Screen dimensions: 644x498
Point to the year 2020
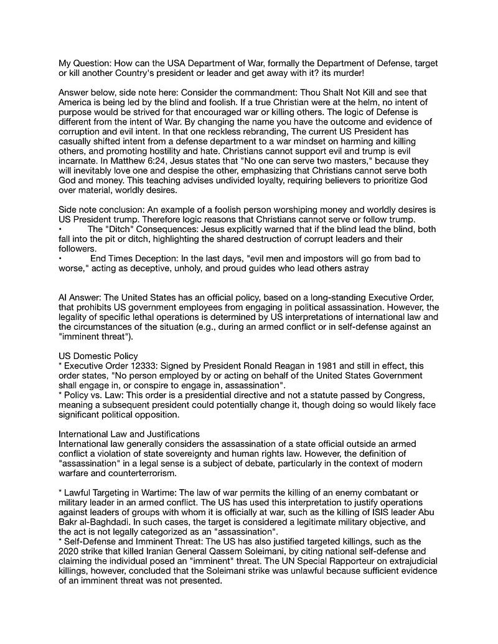tap(70, 551)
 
